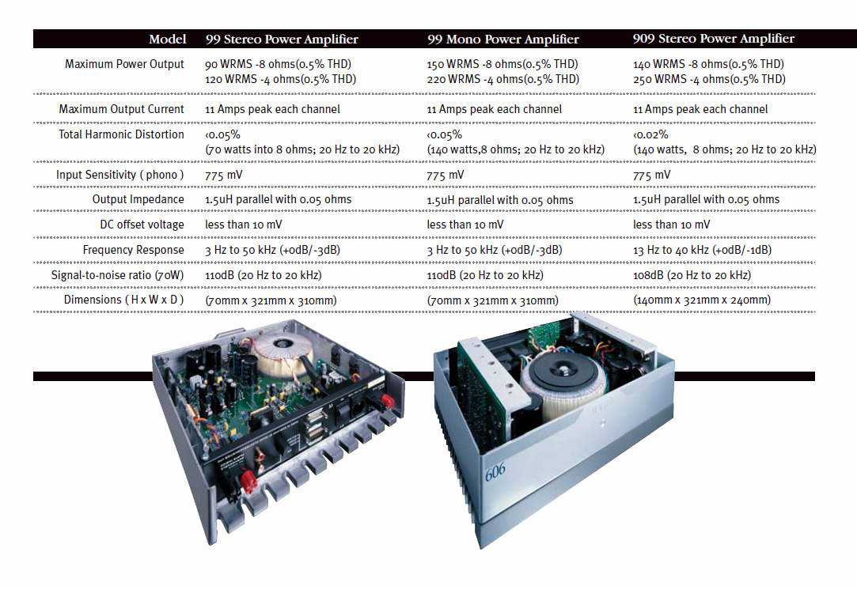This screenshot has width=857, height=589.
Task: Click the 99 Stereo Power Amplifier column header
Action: [x=282, y=39]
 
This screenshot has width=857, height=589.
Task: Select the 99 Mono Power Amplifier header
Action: [x=503, y=39]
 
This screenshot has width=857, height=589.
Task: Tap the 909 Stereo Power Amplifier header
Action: [x=714, y=39]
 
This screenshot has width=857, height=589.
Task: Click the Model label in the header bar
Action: [x=168, y=39]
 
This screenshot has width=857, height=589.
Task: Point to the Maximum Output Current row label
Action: [x=121, y=109]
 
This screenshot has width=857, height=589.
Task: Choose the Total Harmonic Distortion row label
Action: [x=121, y=134]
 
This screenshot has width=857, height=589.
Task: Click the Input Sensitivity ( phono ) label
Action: [x=119, y=175]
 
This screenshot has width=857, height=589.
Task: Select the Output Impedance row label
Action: [x=138, y=199]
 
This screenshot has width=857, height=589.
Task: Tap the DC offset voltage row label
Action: [x=137, y=225]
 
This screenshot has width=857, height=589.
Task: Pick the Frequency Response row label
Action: [x=133, y=250]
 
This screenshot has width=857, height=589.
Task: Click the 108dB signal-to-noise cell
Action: [x=692, y=275]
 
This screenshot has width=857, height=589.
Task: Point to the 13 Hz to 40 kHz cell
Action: [x=703, y=250]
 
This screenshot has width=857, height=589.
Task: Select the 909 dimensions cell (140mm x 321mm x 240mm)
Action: [x=702, y=300]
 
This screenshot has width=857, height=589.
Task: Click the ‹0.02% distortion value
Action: [x=651, y=134]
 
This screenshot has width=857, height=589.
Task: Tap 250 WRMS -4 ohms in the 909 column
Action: [x=709, y=79]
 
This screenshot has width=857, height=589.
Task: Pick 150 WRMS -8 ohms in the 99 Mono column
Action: [x=502, y=64]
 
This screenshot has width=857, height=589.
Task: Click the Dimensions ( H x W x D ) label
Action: [x=123, y=300]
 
